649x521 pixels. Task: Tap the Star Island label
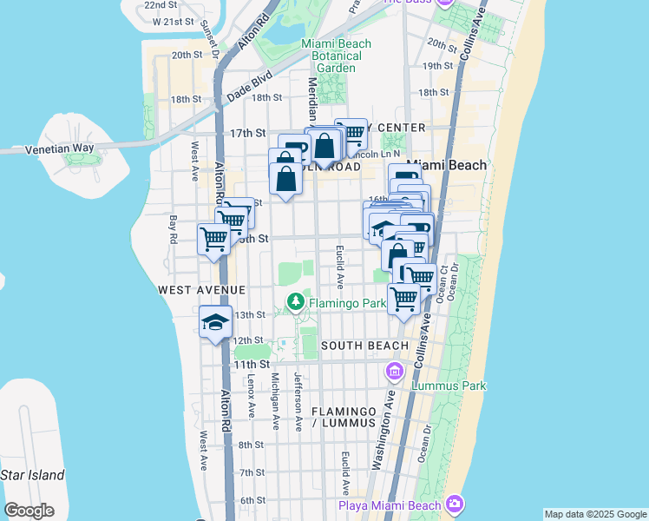click(x=32, y=475)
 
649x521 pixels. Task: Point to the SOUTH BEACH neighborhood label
click(x=364, y=346)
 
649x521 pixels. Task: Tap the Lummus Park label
click(x=449, y=386)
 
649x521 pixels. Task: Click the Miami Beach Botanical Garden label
click(x=336, y=56)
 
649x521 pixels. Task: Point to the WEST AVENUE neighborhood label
click(x=201, y=289)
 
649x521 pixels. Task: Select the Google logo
click(x=29, y=511)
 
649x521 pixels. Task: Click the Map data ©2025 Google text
click(x=595, y=514)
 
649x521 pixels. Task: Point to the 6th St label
click(x=252, y=500)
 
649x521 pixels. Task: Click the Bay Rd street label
click(x=174, y=230)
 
